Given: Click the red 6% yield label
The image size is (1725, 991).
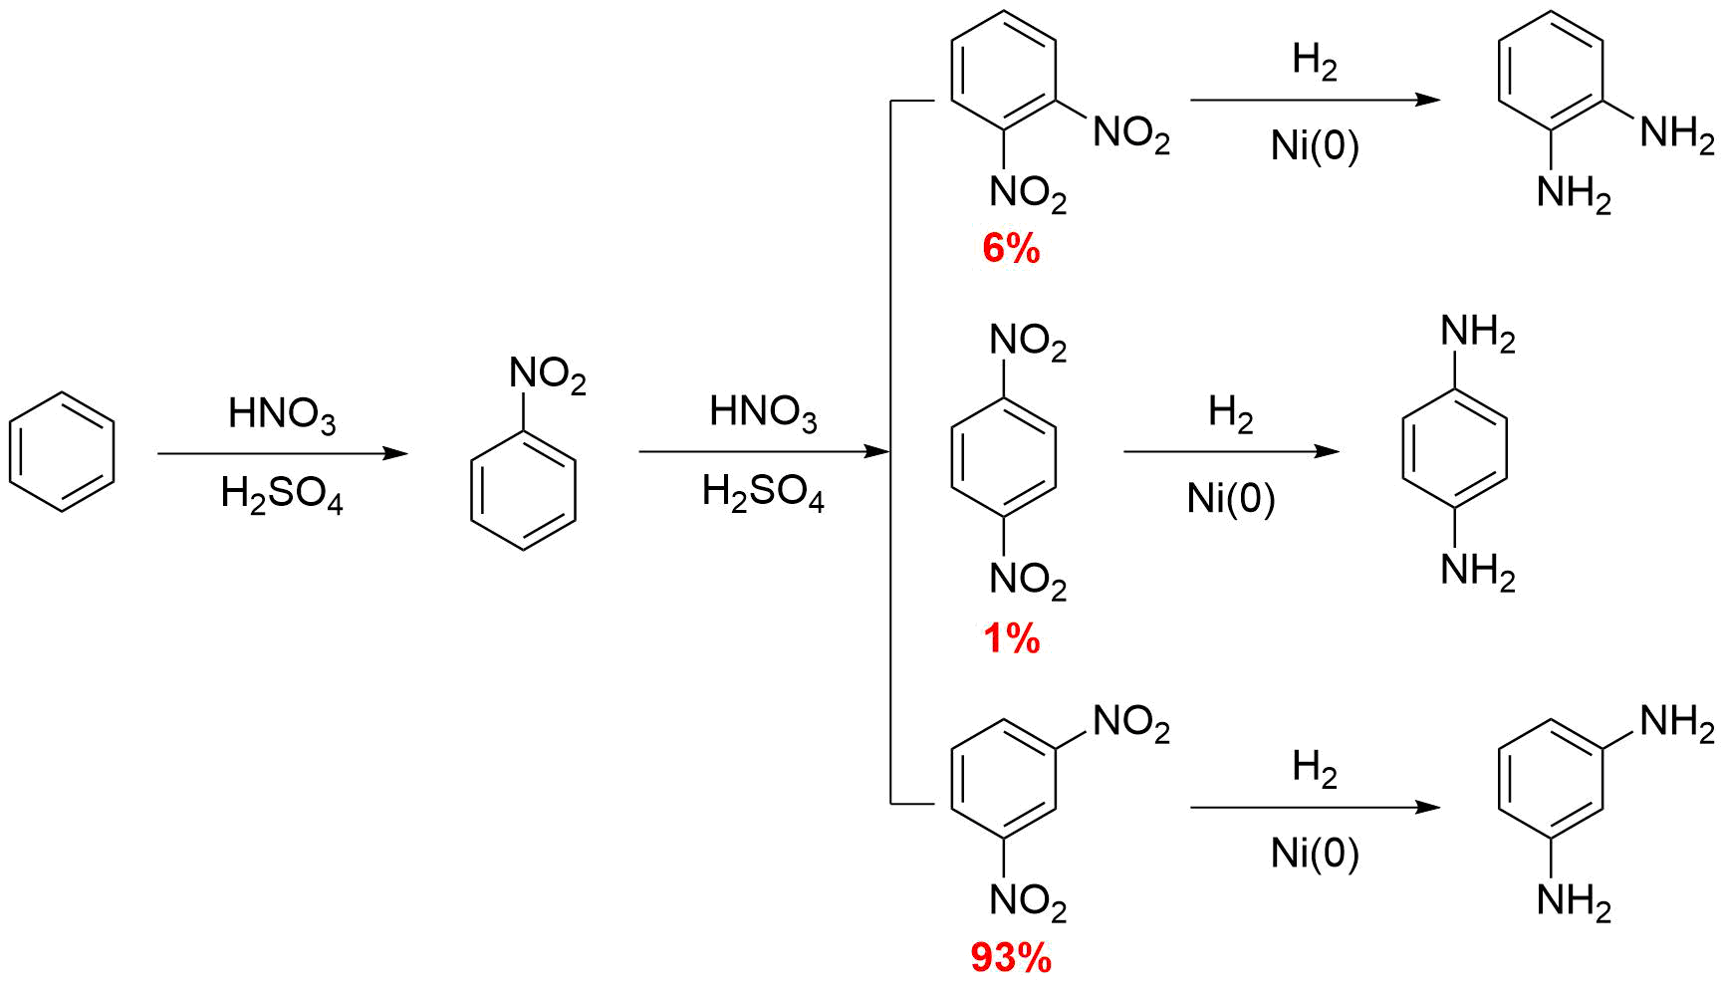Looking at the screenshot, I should [x=1011, y=248].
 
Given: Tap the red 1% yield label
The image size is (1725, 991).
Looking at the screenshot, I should [x=1011, y=638].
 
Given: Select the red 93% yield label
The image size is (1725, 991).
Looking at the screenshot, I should [x=1011, y=958].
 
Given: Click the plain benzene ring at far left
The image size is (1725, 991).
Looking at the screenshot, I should [x=62, y=452].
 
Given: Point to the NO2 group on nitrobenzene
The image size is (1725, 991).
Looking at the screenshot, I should [x=547, y=375].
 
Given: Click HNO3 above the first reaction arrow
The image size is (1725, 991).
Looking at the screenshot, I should [x=282, y=413].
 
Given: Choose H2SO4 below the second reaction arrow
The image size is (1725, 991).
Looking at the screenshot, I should [x=763, y=493].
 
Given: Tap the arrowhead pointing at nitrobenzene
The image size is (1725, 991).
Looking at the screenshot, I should [x=397, y=453].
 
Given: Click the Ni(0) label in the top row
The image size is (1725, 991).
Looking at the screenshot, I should [x=1315, y=146].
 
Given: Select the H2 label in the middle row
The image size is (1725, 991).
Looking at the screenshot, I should [x=1230, y=412].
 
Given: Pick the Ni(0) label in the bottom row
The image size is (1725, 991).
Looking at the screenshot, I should [x=1315, y=854].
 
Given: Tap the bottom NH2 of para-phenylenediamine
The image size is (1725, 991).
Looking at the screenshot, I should [x=1478, y=572].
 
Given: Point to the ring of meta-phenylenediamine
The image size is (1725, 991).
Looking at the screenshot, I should [x=1551, y=779].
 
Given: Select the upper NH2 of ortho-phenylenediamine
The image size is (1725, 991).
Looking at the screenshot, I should [x=1677, y=133].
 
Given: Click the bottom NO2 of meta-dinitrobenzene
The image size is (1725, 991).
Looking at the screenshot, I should [x=1028, y=901].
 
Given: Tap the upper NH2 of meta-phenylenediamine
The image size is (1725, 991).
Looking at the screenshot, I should [x=1677, y=723].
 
